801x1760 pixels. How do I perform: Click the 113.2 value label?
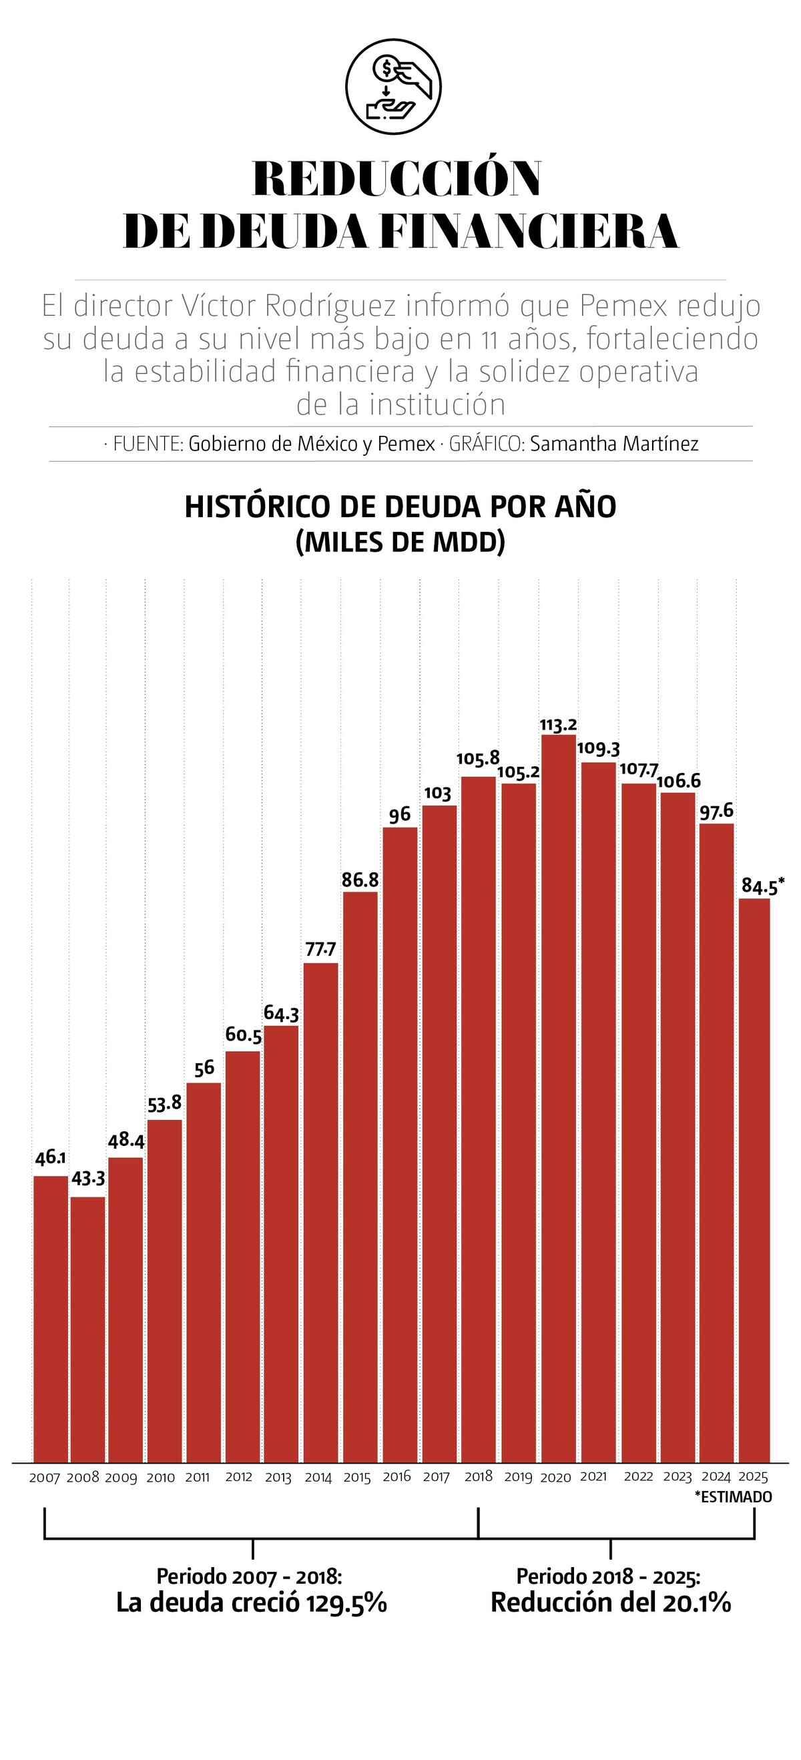pos(559,725)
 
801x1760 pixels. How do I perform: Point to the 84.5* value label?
pos(762,887)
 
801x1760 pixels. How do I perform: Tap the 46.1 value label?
pos(51,1157)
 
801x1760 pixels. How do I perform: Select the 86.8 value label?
pos(360,880)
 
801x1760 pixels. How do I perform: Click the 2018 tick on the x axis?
pos(479,1476)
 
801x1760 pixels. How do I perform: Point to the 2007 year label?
pos(45,1478)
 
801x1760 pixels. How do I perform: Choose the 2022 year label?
pos(638,1476)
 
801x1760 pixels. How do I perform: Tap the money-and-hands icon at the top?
pos(394,87)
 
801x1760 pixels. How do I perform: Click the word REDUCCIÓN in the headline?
pos(397,179)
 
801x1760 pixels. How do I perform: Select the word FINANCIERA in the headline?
pos(528,232)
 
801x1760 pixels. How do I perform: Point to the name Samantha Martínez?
pos(614,444)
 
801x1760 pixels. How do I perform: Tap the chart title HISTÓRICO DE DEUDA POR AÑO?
pos(400,507)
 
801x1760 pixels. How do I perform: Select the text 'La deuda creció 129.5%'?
pos(252,1603)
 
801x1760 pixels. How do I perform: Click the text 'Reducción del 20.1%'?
pos(611,1603)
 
